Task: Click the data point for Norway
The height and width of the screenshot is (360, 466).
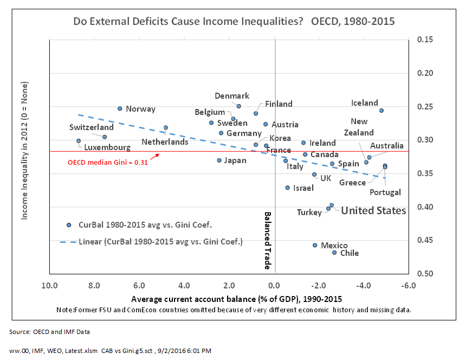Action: point(120,108)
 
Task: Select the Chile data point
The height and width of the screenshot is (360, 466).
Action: point(334,253)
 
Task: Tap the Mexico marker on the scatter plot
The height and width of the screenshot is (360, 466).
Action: point(315,245)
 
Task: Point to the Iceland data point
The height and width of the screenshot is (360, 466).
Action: point(381,111)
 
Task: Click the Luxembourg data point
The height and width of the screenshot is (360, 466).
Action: point(79,141)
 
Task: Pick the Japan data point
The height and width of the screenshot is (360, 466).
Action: point(219,160)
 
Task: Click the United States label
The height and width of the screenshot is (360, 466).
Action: point(373,211)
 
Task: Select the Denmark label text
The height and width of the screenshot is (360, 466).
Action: point(232,96)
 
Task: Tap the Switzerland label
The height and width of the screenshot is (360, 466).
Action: point(92,127)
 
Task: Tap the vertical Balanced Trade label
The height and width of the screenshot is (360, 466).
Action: point(267,241)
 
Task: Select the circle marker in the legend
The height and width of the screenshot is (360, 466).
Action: point(69,225)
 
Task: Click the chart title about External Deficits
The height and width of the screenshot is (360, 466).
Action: point(234,22)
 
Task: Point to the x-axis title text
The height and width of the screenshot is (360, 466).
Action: point(236,299)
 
